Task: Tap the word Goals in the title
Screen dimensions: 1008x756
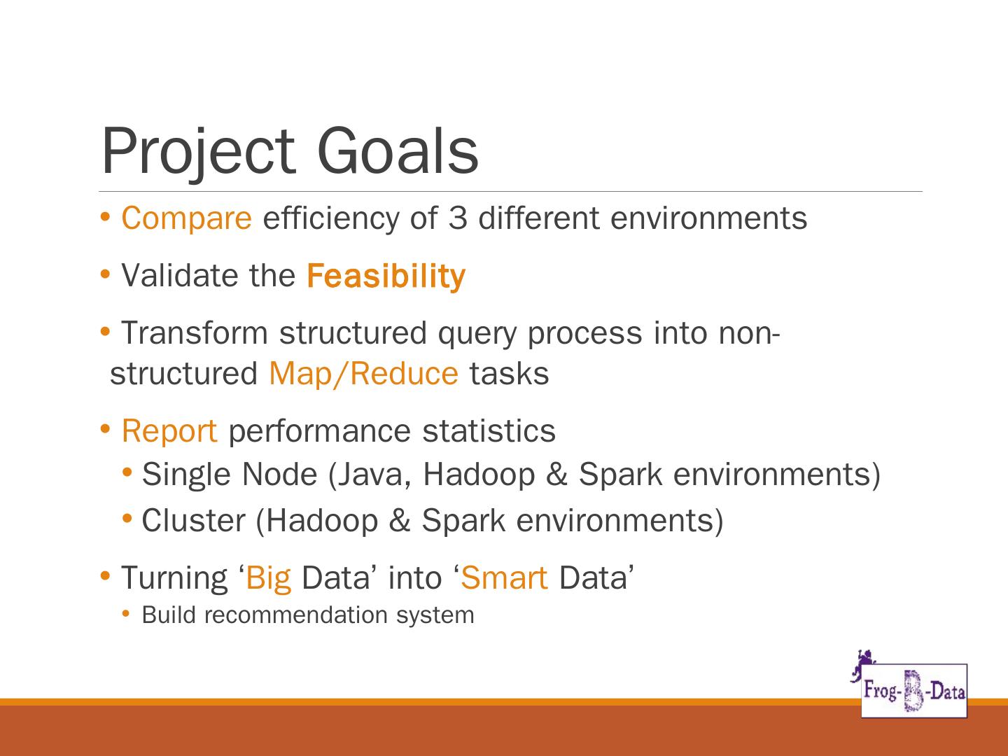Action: point(398,150)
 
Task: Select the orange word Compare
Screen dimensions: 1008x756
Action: point(186,219)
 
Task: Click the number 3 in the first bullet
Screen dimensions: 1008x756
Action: point(458,218)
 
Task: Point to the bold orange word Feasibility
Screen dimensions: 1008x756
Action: point(386,276)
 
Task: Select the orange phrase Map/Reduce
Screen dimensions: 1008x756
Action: point(364,374)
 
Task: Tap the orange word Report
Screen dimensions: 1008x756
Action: point(169,432)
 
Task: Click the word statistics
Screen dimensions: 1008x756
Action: point(489,431)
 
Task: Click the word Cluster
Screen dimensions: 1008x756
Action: point(194,521)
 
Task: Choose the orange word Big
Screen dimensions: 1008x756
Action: point(269,578)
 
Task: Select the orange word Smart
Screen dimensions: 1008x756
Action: point(504,577)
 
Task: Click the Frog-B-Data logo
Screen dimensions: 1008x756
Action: point(914,691)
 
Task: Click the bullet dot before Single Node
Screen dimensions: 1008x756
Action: point(127,472)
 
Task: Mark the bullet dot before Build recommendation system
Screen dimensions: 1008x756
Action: point(126,614)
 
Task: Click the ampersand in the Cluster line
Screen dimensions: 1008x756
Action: point(400,521)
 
